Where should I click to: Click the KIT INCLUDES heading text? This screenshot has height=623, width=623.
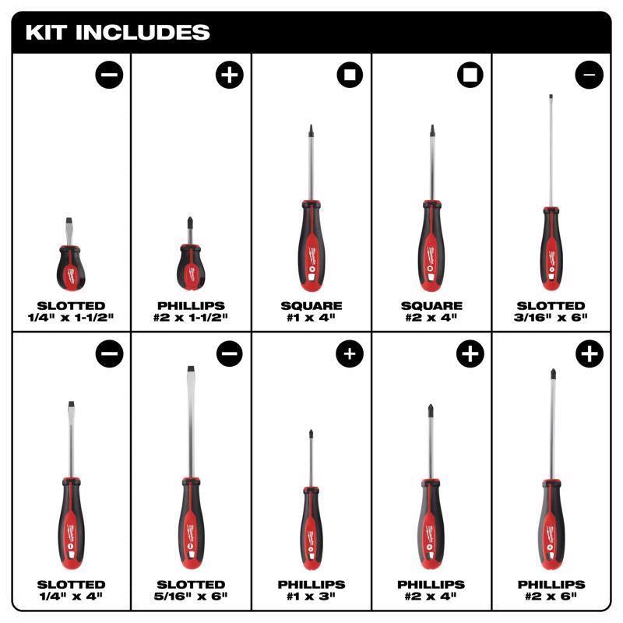pyautogui.click(x=118, y=33)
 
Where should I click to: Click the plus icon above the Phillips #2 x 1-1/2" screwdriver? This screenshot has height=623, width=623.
pyautogui.click(x=229, y=76)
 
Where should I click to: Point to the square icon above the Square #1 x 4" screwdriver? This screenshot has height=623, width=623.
pyautogui.click(x=349, y=76)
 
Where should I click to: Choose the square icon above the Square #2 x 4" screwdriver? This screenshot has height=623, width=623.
pyautogui.click(x=470, y=76)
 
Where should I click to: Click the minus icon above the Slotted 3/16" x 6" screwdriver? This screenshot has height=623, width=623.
pyautogui.click(x=589, y=76)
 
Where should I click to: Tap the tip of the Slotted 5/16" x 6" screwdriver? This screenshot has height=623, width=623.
pyautogui.click(x=189, y=371)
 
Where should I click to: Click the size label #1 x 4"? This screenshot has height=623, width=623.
pyautogui.click(x=311, y=317)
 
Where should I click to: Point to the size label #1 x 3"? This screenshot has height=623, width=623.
pyautogui.click(x=311, y=596)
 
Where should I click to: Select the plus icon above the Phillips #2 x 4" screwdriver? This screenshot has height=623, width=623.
pyautogui.click(x=470, y=354)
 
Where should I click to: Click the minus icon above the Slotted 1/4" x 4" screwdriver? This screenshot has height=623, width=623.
pyautogui.click(x=109, y=354)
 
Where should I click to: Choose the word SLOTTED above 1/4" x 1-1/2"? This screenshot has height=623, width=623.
pyautogui.click(x=71, y=305)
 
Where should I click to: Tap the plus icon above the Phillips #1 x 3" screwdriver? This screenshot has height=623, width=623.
pyautogui.click(x=349, y=354)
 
